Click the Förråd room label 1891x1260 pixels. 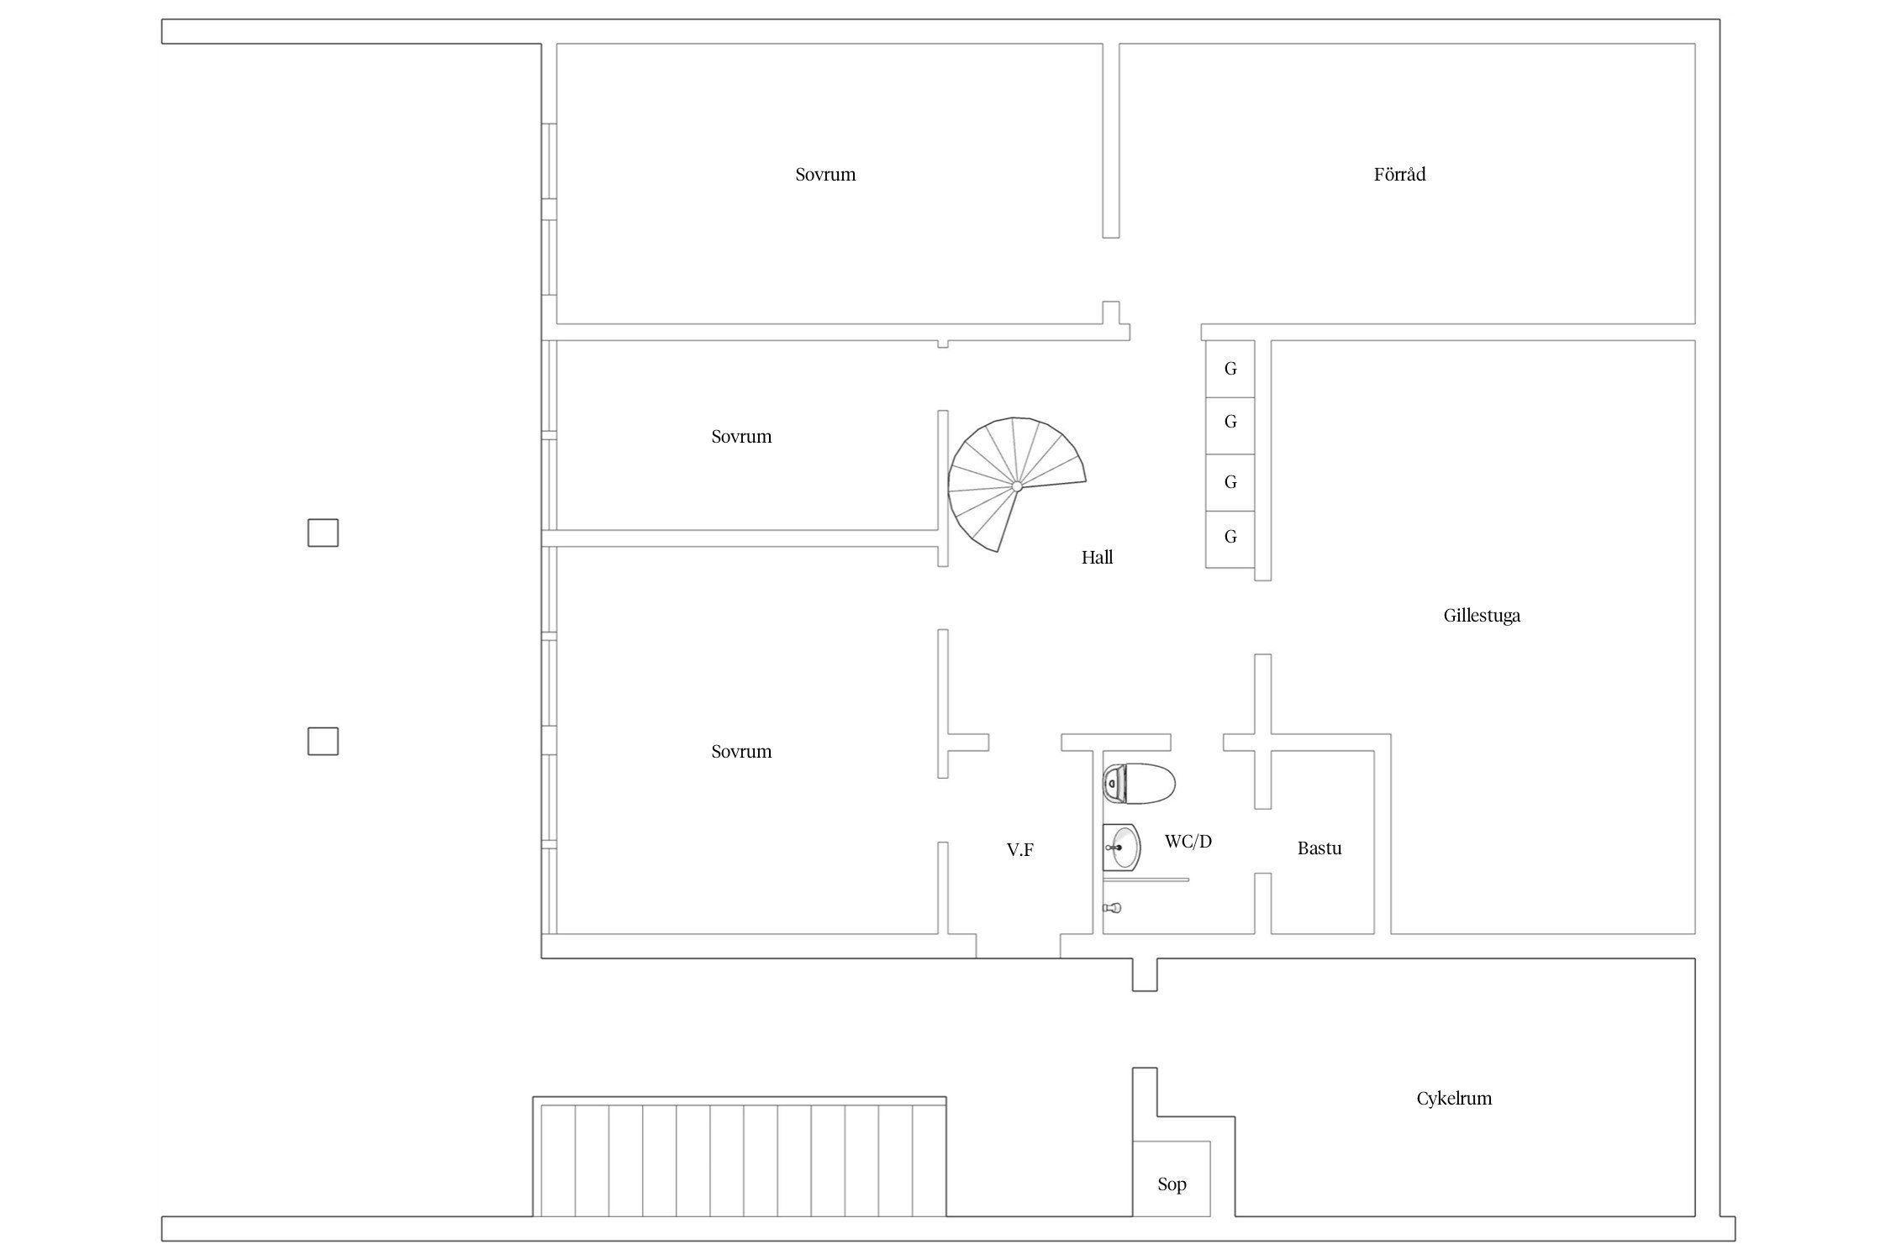[1399, 175]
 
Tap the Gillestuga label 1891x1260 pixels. [1482, 616]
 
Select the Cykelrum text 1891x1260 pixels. [1454, 1099]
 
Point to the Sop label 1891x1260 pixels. [1172, 1184]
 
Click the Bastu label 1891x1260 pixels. [1319, 848]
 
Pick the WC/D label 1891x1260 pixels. [1188, 841]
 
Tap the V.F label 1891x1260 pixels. [1020, 850]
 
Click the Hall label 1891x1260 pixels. [1097, 558]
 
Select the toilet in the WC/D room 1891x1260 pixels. [1139, 785]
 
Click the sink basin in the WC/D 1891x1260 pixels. [1122, 848]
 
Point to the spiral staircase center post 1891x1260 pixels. [1017, 486]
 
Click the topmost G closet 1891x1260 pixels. [1230, 369]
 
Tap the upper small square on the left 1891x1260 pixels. [323, 533]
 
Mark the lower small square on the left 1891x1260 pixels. [323, 742]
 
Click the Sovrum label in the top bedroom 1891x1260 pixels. [825, 175]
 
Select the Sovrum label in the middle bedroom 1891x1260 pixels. [741, 437]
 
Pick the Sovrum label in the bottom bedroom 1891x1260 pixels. [741, 752]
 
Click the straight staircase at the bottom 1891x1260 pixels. [740, 1157]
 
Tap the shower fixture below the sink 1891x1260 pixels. [1113, 908]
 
